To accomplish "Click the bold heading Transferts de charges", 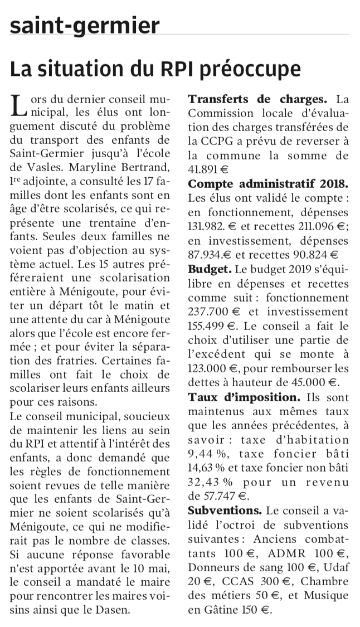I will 257,100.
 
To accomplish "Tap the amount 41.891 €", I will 208,169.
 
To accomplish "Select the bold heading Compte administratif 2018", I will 269,183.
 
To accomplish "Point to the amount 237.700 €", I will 211,312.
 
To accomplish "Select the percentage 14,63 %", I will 208,467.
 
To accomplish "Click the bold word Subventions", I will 225,510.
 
